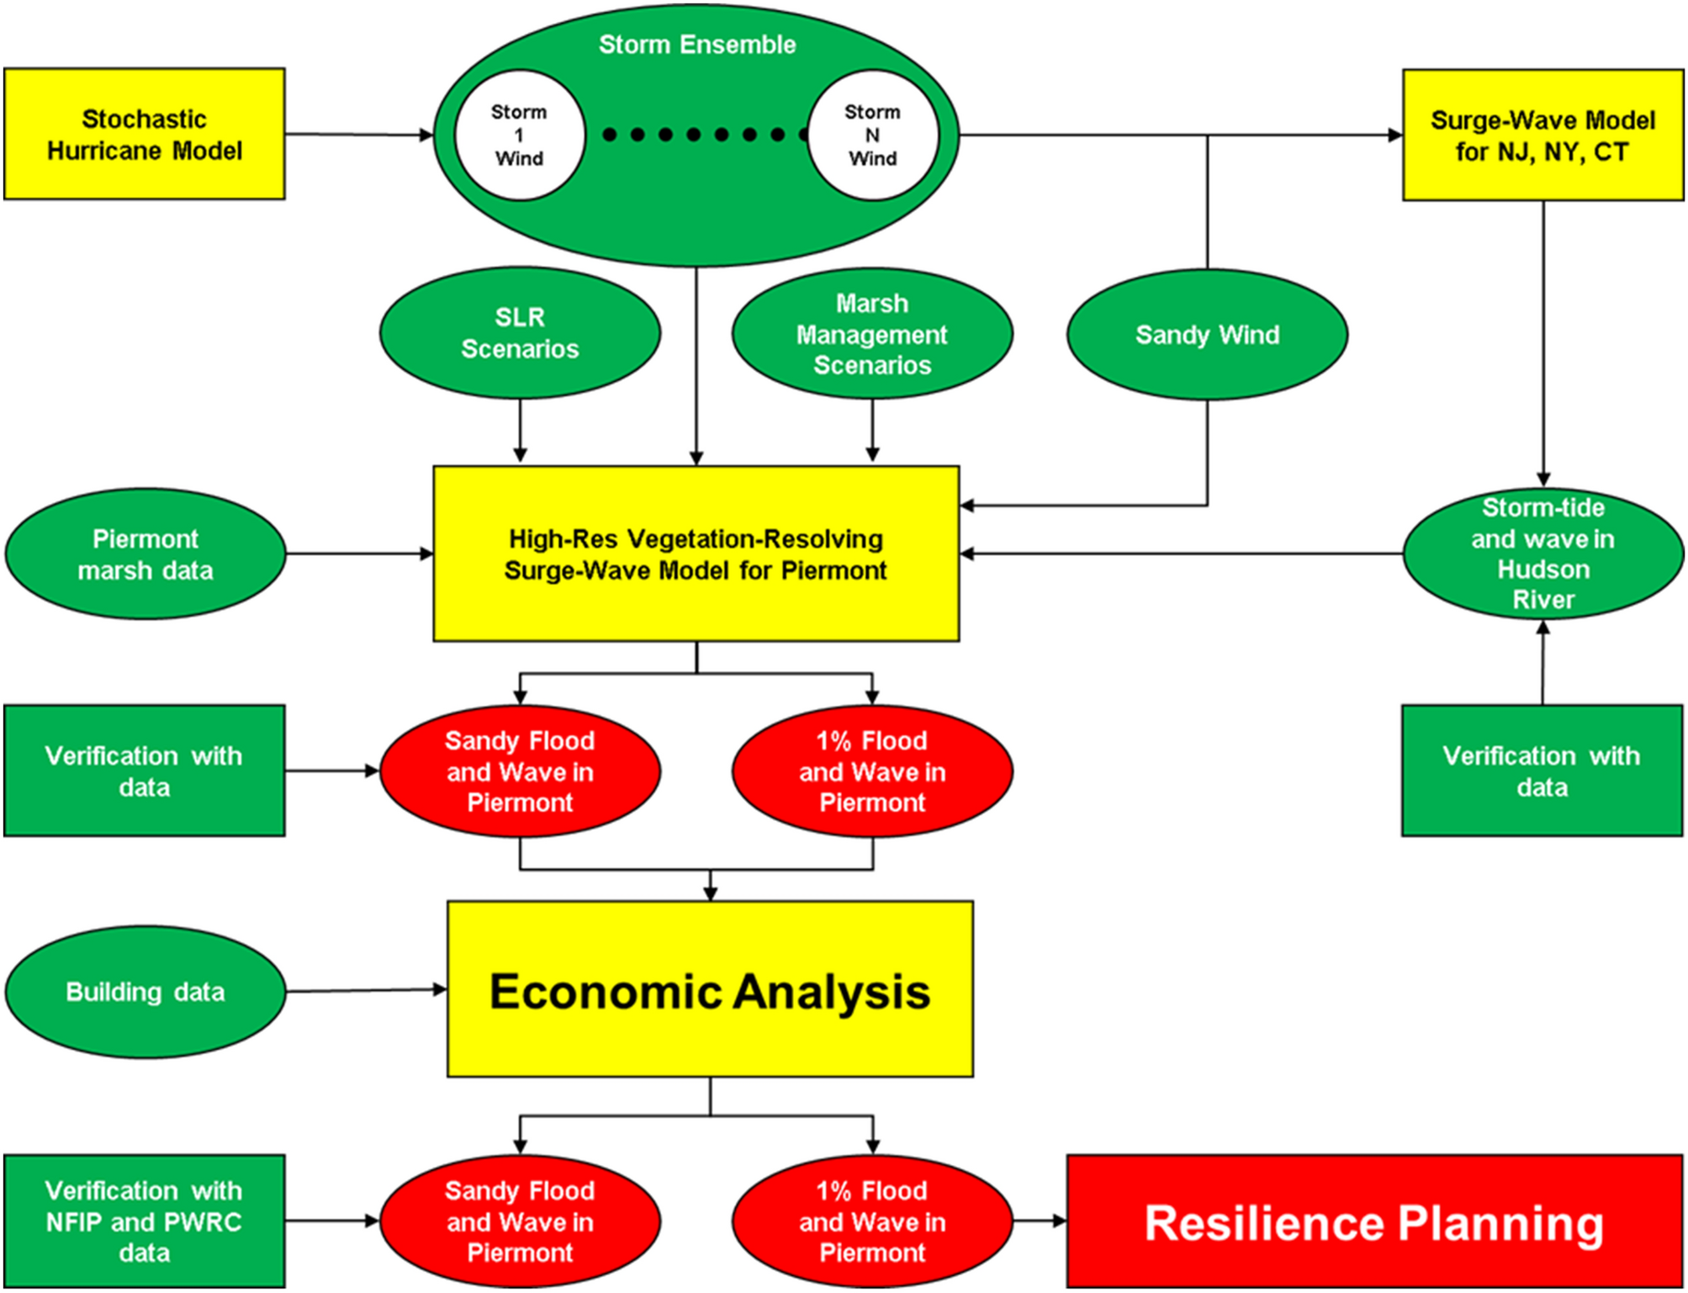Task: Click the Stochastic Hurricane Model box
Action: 145,135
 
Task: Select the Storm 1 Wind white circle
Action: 520,135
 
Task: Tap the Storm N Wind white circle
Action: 873,135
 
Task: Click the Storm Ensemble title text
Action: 697,45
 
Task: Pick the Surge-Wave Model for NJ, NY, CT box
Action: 1542,135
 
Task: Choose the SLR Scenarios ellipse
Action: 520,333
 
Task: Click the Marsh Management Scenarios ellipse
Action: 872,334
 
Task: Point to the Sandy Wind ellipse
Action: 1207,335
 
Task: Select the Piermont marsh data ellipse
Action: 146,554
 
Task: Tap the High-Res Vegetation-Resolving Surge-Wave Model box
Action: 696,554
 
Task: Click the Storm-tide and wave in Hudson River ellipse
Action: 1543,554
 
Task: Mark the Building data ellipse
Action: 146,992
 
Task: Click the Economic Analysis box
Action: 710,990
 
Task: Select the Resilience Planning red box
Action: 1374,1221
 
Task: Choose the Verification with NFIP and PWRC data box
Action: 145,1221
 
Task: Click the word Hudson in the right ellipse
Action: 1543,570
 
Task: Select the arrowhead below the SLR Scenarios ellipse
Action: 520,455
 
